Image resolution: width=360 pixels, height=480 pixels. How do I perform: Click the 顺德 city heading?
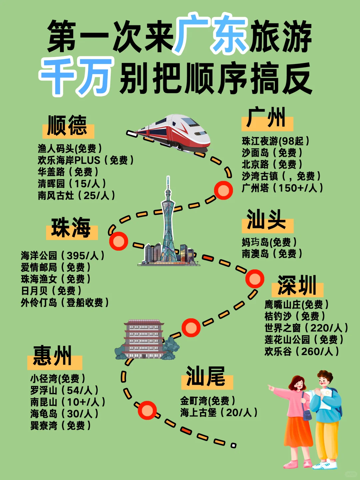pos(67,126)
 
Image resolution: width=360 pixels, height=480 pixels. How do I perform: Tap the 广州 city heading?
pos(266,118)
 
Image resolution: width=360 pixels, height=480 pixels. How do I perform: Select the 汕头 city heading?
pos(266,220)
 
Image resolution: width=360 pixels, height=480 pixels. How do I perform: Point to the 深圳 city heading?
pos(297,286)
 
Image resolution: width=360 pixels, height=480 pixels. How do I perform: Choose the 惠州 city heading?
pos(53,356)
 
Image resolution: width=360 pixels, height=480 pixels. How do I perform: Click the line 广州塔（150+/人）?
pos(282,188)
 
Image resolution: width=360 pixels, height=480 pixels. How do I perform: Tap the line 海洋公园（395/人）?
pos(63,256)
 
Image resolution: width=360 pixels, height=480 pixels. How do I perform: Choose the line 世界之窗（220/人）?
pos(306,328)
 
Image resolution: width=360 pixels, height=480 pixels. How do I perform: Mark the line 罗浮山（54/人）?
pos(64,390)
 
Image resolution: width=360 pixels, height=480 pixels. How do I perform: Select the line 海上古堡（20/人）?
pos(219,413)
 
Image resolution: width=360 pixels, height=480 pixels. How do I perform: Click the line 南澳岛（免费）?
pos(272,254)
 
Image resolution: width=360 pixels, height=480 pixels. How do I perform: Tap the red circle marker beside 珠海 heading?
pos(119,241)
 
